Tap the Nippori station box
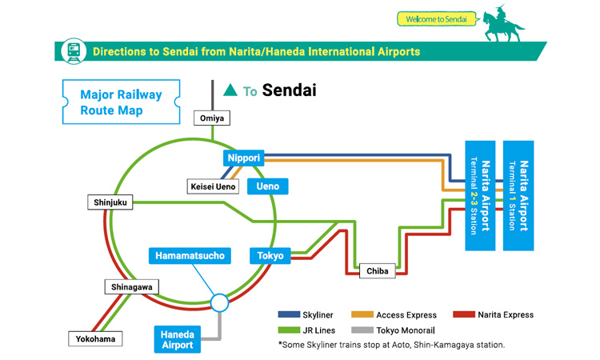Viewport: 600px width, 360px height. coord(243,158)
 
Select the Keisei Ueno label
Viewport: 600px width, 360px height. coord(213,186)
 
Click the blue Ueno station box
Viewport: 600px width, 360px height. coord(267,186)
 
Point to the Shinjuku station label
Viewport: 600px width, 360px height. coord(110,202)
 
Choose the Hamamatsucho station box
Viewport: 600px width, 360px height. coord(190,256)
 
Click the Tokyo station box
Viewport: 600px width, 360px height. coord(270,256)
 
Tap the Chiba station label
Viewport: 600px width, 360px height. coord(378,271)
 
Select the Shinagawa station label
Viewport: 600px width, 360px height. coord(132,287)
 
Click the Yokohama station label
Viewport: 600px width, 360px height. coord(96,339)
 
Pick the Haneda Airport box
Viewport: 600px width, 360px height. coord(178,339)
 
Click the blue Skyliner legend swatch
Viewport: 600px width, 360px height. coord(289,314)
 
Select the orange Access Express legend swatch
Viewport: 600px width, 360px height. coord(362,314)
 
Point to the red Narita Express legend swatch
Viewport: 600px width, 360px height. coord(464,314)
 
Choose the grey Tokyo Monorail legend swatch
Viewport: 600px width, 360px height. coord(362,330)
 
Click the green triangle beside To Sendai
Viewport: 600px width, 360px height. coord(230,90)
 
